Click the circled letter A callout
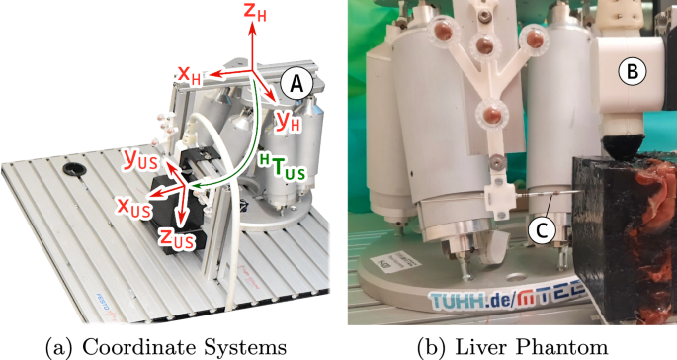[291, 86]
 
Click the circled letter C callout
[540, 230]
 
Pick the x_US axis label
[132, 209]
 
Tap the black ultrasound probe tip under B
[625, 147]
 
